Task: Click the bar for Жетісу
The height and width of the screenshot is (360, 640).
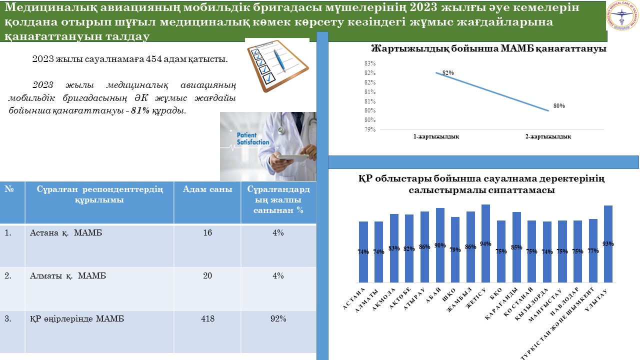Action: (485, 243)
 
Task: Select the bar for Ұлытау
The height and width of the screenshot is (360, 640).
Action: (608, 243)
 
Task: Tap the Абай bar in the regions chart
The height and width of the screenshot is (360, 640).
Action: (440, 245)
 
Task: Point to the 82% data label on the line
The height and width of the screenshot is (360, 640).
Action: (448, 73)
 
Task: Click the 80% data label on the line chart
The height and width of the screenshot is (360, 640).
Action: (559, 106)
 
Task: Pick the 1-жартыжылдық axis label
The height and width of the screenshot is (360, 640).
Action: (436, 136)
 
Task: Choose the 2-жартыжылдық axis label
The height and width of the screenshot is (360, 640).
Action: (548, 136)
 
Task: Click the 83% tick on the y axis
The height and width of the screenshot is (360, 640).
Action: (370, 63)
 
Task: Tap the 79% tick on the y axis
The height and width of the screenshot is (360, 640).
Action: (370, 129)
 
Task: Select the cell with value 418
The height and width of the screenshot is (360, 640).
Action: (207, 318)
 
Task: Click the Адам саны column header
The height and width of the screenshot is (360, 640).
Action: (207, 189)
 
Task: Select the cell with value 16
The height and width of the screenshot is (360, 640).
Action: (207, 232)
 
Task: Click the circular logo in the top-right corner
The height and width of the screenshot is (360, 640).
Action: (622, 17)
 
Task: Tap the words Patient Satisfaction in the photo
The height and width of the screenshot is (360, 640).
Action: (253, 138)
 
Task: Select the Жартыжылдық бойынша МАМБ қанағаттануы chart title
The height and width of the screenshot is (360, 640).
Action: (488, 48)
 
